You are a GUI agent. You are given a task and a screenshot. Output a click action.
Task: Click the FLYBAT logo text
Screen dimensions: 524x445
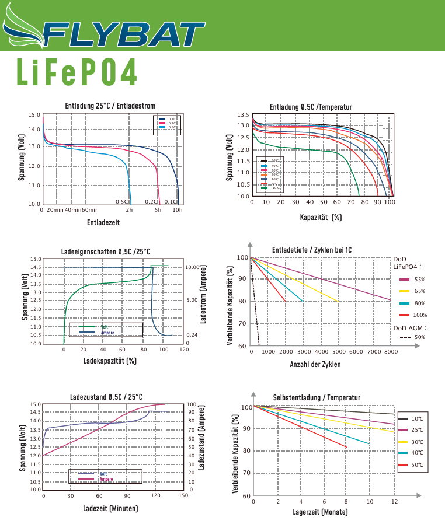pyautogui.click(x=117, y=34)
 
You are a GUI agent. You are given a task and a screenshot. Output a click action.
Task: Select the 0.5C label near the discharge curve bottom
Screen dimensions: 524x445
pyautogui.click(x=121, y=201)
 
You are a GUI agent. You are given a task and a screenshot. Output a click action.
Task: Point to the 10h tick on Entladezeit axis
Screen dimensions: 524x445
pyautogui.click(x=178, y=209)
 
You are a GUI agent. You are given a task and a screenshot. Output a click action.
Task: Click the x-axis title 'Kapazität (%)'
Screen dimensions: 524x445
pyautogui.click(x=320, y=217)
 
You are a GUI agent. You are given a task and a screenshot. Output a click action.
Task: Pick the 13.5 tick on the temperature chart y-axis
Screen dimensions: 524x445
pyautogui.click(x=243, y=116)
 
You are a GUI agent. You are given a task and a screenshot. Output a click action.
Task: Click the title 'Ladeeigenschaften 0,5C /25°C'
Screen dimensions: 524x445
pyautogui.click(x=106, y=251)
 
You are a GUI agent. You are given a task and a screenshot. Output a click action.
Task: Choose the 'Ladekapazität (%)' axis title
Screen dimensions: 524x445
pyautogui.click(x=110, y=361)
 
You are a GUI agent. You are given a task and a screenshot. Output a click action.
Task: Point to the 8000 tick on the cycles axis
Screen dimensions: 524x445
pyautogui.click(x=391, y=352)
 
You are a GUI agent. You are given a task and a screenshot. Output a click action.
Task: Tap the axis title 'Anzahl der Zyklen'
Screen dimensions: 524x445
pyautogui.click(x=315, y=365)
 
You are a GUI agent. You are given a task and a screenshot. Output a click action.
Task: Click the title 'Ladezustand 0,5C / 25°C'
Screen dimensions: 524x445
pyautogui.click(x=106, y=397)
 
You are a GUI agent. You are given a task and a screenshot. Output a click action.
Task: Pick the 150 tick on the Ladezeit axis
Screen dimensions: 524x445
pyautogui.click(x=183, y=495)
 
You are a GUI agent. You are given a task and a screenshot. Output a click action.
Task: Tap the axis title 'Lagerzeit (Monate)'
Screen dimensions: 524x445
pyautogui.click(x=320, y=512)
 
